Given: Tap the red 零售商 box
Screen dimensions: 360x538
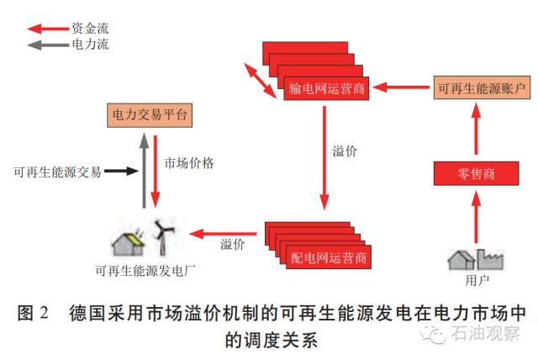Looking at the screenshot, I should pos(475,174).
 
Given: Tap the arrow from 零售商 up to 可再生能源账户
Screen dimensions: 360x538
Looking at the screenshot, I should pos(475,130).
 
